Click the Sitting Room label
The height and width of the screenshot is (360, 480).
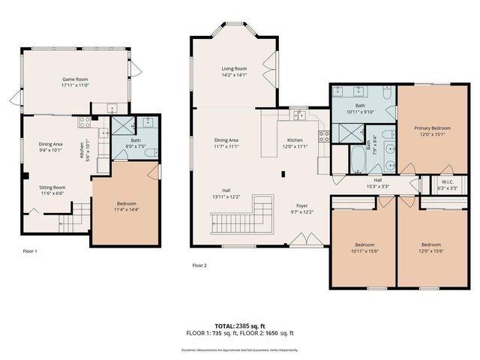tap(52, 190)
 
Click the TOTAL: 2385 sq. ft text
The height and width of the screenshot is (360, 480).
tap(239, 326)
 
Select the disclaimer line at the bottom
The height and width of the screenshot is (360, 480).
tap(239, 349)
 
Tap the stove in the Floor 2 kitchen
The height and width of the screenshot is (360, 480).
tap(324, 136)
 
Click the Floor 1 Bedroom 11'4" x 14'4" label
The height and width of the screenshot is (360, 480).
tap(126, 207)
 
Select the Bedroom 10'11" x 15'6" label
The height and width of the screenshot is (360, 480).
tap(364, 247)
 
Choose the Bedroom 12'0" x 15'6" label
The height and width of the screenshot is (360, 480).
tap(430, 247)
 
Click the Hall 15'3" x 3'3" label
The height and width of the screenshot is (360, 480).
tap(377, 183)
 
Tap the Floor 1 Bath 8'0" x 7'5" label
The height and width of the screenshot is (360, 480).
tap(135, 143)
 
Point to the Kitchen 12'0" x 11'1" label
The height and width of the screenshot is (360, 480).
tap(295, 143)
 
